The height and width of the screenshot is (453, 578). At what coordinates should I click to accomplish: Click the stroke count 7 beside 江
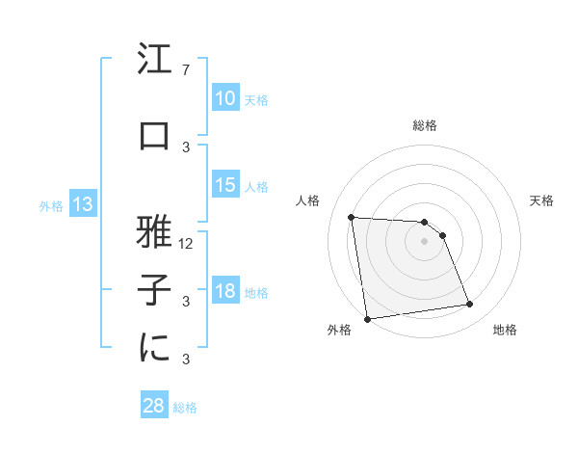click(185, 70)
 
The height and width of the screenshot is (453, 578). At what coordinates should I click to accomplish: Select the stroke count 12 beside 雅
click(187, 244)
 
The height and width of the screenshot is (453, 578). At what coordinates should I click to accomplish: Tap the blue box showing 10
click(224, 98)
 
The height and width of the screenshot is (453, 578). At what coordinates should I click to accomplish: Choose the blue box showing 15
click(224, 185)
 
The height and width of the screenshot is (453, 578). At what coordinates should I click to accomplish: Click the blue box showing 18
click(224, 291)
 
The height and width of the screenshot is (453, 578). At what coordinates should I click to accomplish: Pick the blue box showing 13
click(82, 204)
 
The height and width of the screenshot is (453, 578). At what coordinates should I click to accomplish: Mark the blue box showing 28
click(154, 406)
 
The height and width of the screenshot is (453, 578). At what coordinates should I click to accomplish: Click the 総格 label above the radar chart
click(424, 125)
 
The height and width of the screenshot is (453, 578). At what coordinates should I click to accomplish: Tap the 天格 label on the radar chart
click(542, 200)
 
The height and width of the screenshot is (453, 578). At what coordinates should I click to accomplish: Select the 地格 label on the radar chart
click(505, 331)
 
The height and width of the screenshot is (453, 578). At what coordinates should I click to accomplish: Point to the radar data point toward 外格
click(367, 319)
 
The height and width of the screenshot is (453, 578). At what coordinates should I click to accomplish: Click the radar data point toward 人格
click(351, 217)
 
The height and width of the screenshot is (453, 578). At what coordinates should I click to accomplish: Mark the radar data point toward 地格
click(470, 305)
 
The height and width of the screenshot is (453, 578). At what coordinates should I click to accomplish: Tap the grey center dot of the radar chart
click(424, 241)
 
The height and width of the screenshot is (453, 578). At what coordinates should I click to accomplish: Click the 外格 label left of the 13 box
click(50, 205)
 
